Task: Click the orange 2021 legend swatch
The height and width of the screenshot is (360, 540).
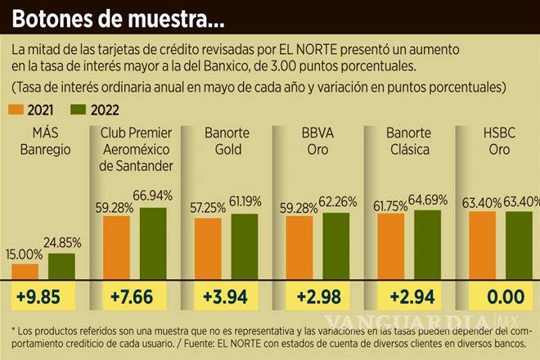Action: click(18, 109)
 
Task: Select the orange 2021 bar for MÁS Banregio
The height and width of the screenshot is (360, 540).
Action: click(25, 272)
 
